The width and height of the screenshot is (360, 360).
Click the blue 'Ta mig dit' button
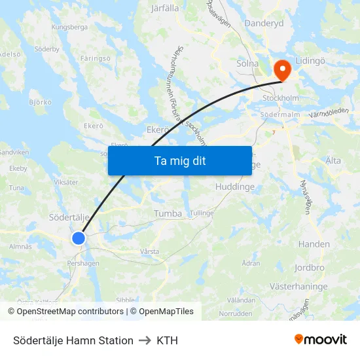179,160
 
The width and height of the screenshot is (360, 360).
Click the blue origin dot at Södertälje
79,238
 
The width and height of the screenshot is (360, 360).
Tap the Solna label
247,64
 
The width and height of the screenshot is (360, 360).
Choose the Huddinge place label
234,187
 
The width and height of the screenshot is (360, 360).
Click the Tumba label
168,213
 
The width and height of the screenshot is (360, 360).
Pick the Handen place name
314,244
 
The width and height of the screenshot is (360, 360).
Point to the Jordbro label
309,268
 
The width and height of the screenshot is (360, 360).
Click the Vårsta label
149,251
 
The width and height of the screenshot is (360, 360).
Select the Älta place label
333,160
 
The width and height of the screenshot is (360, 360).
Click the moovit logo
320,340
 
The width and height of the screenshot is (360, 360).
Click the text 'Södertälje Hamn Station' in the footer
73,340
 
